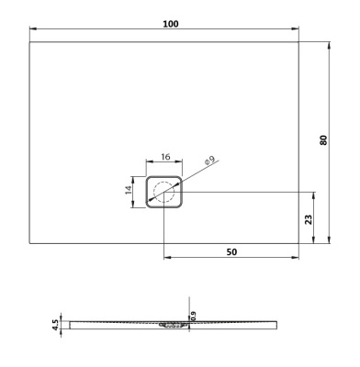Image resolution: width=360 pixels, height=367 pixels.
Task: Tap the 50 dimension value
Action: pyautogui.click(x=231, y=250)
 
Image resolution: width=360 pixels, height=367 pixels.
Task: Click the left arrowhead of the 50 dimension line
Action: pyautogui.click(x=167, y=259)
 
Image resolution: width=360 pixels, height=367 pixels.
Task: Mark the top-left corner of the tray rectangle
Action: pyautogui.click(x=30, y=42)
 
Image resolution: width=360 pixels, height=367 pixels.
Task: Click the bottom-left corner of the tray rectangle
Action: pyautogui.click(x=30, y=243)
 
